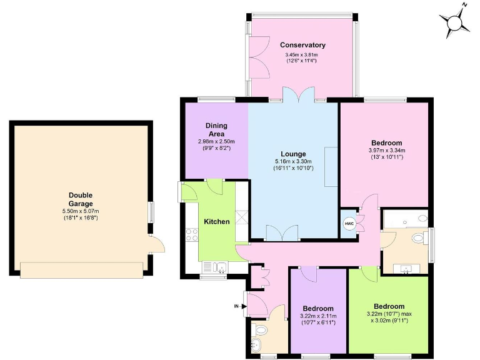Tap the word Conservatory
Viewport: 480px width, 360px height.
pyautogui.click(x=302, y=45)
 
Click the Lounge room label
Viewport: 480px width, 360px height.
pyautogui.click(x=293, y=154)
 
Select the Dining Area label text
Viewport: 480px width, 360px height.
pyautogui.click(x=216, y=129)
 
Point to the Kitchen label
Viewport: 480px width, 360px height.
pyautogui.click(x=217, y=222)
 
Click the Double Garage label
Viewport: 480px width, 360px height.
pyautogui.click(x=81, y=199)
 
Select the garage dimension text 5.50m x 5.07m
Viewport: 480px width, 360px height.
pyautogui.click(x=81, y=211)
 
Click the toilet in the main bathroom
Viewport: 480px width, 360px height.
pyautogui.click(x=418, y=238)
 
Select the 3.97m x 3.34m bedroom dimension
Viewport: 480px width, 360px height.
pyautogui.click(x=387, y=150)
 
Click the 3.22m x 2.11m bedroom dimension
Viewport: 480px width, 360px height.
pyautogui.click(x=318, y=316)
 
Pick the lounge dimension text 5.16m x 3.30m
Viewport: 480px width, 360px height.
pyautogui.click(x=293, y=161)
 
